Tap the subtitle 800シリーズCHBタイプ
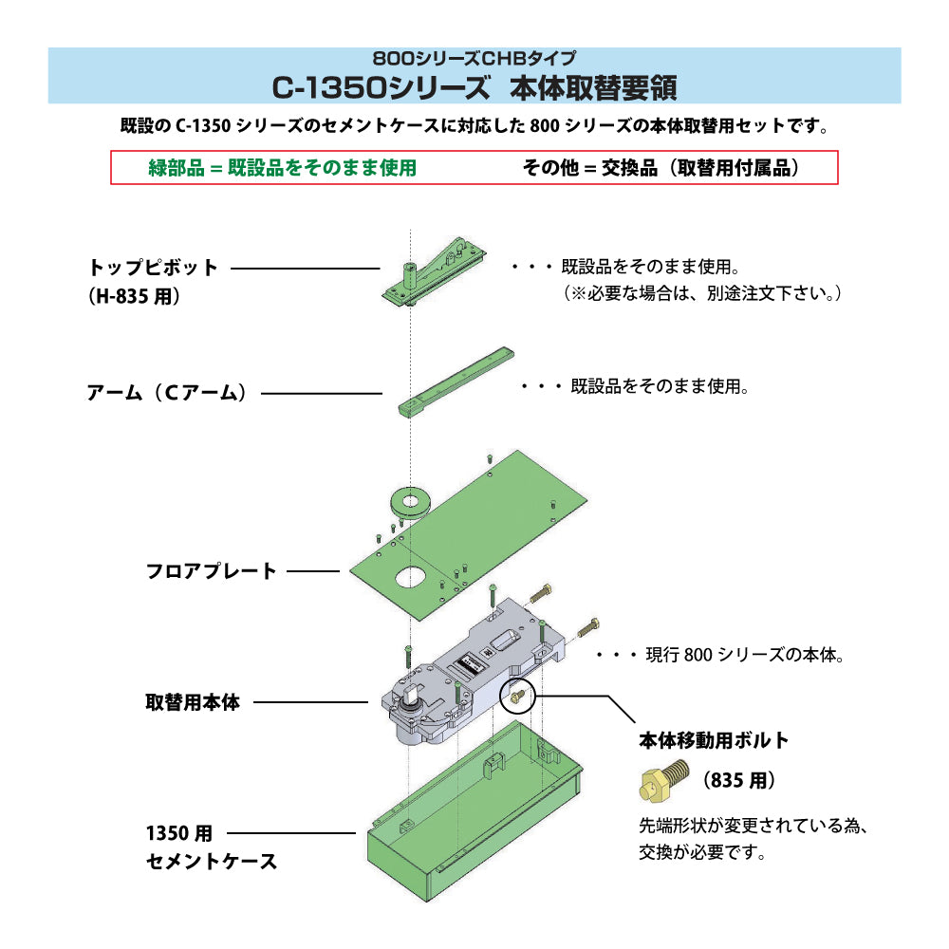point(474,58)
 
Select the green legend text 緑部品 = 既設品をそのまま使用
point(283,168)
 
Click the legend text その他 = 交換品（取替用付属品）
point(661,168)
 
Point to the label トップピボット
point(154,268)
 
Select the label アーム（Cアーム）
point(167,393)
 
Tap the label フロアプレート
point(211,571)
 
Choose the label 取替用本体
point(193,703)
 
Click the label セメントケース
point(212,862)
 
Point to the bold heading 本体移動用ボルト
point(714,740)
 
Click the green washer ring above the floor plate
point(410,501)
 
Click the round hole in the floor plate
point(411,575)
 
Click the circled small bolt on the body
point(516,698)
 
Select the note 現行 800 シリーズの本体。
point(743,655)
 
